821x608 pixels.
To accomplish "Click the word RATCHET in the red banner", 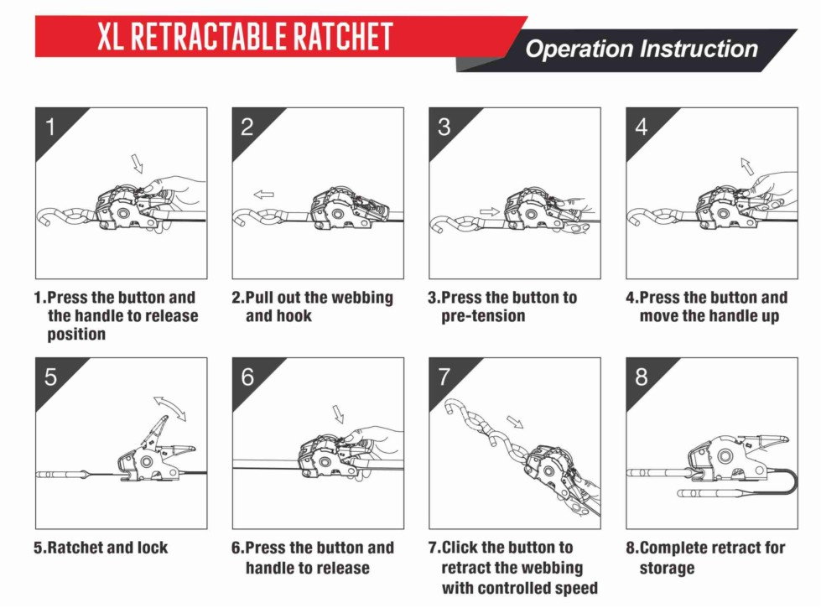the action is (x=342, y=36).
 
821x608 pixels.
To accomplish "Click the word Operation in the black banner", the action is (x=579, y=49).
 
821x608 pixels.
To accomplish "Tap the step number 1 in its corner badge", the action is (x=50, y=127).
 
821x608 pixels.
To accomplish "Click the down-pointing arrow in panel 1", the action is (x=138, y=163).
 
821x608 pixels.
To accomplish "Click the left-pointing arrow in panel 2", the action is (x=264, y=195).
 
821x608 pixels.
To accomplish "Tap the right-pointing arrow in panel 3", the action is (x=490, y=211).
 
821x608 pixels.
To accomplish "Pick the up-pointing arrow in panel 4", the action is (x=747, y=165).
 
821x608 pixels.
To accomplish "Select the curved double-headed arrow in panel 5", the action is (x=170, y=405).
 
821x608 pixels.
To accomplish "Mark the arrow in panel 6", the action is (x=339, y=413).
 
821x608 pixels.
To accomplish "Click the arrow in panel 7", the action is (x=515, y=422).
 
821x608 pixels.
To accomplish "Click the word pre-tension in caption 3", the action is (x=483, y=316).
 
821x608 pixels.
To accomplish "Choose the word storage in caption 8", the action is (x=667, y=569).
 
